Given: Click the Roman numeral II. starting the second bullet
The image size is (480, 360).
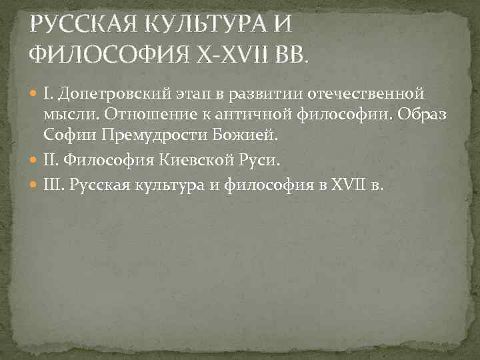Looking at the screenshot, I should (52, 161).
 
